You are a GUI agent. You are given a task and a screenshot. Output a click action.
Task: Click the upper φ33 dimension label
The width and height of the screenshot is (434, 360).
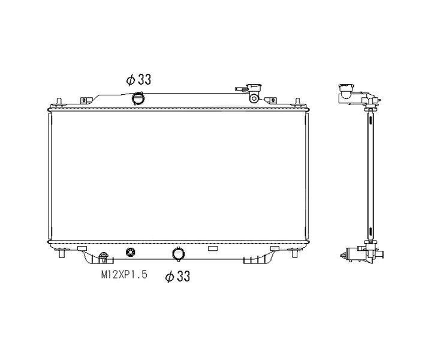[x=138, y=80]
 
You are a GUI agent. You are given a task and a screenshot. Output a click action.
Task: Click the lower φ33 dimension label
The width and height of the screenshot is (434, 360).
[x=177, y=277]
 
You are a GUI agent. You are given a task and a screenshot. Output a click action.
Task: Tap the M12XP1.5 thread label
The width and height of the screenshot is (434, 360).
[x=124, y=275]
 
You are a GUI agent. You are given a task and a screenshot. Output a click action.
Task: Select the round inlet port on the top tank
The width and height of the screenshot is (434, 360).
[x=138, y=98]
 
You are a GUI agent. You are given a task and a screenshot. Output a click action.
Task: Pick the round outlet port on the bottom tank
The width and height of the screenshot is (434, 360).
[x=178, y=254]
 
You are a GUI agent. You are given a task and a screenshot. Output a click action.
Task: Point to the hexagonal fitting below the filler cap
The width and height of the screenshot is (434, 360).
[x=254, y=98]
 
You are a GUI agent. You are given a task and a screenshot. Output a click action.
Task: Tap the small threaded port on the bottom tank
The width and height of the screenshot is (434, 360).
[x=130, y=252]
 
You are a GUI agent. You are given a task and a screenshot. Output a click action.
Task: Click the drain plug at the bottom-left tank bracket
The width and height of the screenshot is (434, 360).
[x=103, y=257]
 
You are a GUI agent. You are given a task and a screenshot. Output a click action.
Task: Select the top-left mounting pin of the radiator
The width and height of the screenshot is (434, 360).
[x=58, y=102]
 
